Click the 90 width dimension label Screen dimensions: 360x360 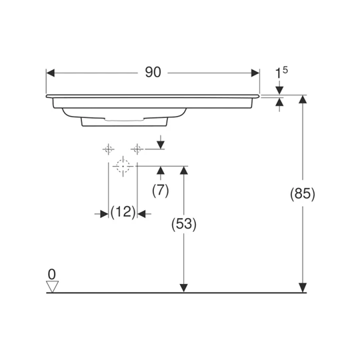(153, 72)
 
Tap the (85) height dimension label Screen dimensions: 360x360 (303, 193)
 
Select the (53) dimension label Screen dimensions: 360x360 (184, 224)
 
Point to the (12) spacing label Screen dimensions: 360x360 (123, 212)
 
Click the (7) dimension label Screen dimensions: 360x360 (161, 190)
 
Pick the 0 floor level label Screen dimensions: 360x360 (52, 274)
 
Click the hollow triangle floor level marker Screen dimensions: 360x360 (53, 287)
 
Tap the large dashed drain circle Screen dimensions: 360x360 (123, 166)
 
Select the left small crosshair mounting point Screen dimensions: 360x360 (109, 149)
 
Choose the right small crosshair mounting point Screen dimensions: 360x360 (137, 149)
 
